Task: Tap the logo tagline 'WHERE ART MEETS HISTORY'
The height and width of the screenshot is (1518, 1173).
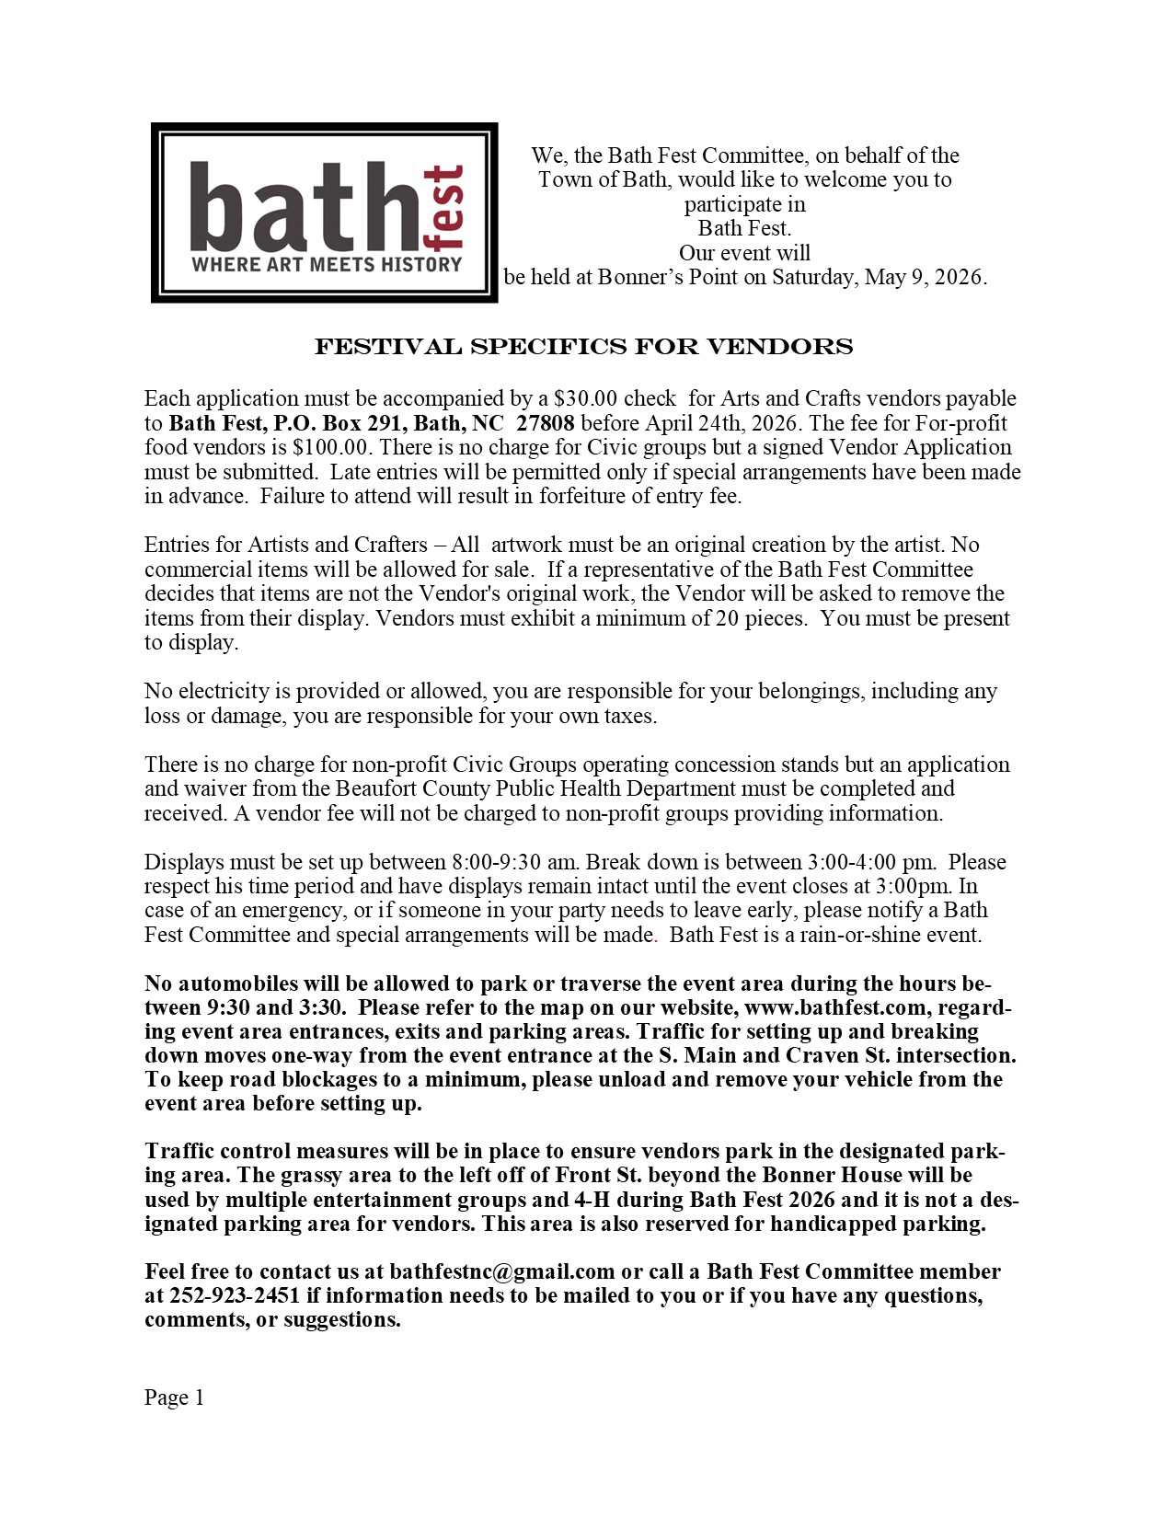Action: click(326, 265)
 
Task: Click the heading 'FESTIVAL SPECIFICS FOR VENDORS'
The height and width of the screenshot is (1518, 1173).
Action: click(584, 347)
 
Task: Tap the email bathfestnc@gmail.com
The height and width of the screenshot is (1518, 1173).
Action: click(501, 1271)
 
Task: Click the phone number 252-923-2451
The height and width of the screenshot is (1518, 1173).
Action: click(236, 1295)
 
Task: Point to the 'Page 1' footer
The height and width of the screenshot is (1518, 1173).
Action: click(174, 1398)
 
